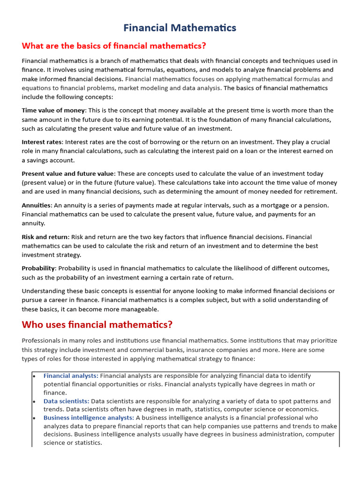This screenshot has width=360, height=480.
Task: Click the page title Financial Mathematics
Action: [x=180, y=28]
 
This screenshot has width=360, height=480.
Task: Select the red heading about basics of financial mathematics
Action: [x=114, y=46]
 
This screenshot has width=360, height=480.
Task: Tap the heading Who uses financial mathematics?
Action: [x=97, y=324]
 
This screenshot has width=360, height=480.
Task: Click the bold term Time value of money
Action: [x=53, y=111]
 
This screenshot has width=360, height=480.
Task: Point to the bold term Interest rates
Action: [x=42, y=142]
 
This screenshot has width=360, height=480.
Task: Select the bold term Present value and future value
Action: [x=67, y=173]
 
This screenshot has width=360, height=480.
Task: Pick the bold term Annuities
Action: [x=37, y=205]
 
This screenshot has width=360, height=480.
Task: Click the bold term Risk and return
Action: [x=45, y=237]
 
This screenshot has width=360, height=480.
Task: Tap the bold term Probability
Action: [x=38, y=268]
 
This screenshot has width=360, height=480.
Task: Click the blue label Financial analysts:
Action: [x=71, y=376]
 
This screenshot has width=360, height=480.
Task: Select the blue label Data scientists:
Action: [x=66, y=401]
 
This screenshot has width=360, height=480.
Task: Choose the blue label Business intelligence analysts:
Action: [x=89, y=418]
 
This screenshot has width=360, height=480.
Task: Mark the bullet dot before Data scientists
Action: [x=34, y=401]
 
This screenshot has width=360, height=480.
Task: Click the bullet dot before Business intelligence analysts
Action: [x=34, y=418]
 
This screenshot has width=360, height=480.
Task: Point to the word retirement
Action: [x=319, y=192]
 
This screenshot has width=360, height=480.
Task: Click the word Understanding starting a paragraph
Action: [x=43, y=291]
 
